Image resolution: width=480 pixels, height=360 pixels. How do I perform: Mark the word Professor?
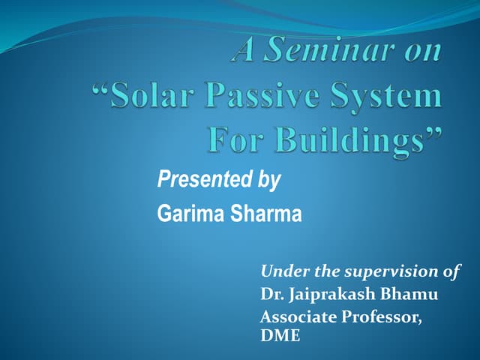pyautogui.click(x=382, y=317)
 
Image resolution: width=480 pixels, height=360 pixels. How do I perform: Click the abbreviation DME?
pyautogui.click(x=280, y=337)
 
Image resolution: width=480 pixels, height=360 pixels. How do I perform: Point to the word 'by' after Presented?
pyautogui.click(x=267, y=181)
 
